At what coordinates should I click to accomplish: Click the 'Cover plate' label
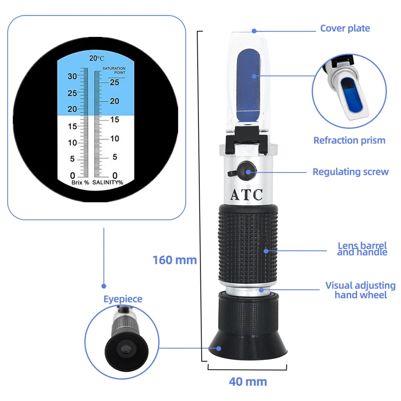(345, 28)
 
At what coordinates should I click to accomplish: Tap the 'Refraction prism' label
(349, 140)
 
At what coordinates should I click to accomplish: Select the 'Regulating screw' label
(350, 172)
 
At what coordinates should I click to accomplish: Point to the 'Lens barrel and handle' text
(362, 249)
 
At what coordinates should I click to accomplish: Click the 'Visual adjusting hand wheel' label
(360, 290)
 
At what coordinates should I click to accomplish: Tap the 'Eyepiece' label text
(123, 299)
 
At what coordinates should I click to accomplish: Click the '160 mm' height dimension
(174, 260)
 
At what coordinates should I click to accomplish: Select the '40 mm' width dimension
(247, 381)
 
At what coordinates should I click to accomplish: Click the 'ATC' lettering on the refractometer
(246, 195)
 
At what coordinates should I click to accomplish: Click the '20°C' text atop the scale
(97, 59)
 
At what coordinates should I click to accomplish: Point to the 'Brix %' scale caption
(80, 182)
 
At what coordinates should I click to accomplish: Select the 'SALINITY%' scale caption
(108, 182)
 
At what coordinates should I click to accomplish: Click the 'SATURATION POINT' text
(114, 71)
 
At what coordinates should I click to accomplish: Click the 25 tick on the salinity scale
(115, 83)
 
